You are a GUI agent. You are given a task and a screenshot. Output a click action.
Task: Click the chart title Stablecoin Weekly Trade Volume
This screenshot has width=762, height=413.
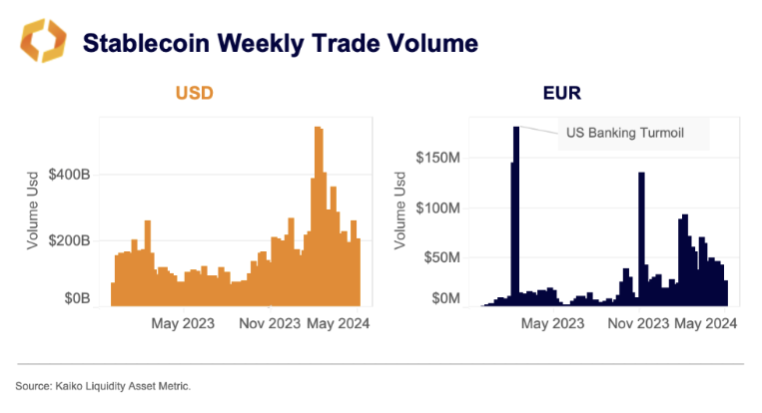coord(280,43)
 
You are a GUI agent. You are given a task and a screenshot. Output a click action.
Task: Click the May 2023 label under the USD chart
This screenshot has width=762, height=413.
coord(186,323)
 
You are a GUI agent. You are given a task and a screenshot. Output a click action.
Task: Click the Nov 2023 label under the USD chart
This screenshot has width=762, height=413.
coord(270,323)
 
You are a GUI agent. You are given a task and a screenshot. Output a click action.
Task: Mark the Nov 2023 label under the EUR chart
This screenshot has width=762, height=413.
coord(638,323)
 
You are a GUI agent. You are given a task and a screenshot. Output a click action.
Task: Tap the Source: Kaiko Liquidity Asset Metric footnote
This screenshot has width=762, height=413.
coord(103,385)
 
